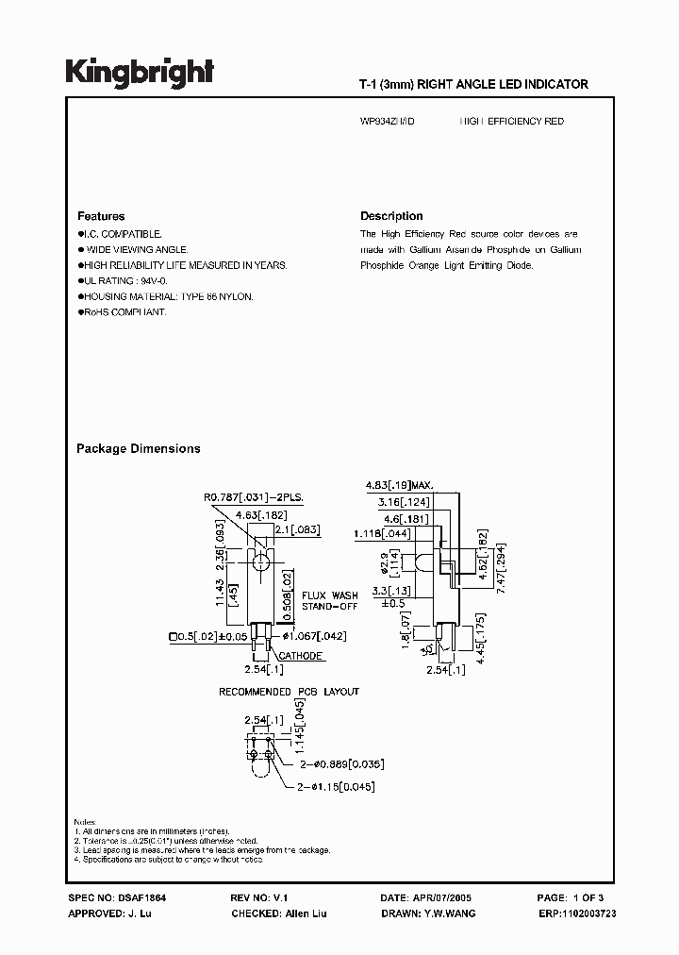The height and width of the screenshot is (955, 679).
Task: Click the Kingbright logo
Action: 139,73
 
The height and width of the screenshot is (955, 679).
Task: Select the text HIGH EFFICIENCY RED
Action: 511,122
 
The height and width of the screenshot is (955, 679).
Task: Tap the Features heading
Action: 101,216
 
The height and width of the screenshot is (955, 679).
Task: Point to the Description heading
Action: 391,216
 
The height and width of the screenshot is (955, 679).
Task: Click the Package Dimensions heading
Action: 138,449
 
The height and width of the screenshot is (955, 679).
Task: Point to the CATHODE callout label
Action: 301,656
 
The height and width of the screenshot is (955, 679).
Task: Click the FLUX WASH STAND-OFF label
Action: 330,601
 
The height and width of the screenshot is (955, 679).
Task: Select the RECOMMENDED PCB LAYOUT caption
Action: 289,692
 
